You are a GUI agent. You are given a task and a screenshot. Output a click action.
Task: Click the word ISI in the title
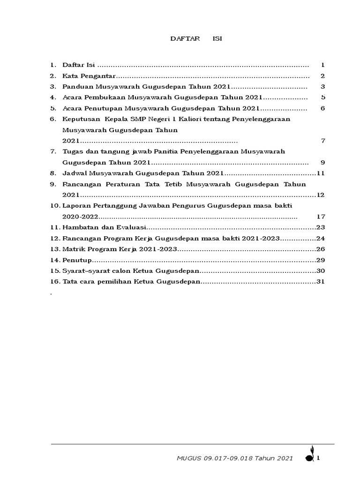[217, 39]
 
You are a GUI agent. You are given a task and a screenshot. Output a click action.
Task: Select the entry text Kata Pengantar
[89, 76]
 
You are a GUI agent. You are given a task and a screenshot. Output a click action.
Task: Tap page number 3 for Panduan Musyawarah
[323, 87]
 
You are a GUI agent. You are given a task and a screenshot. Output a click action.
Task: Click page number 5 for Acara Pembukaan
[323, 97]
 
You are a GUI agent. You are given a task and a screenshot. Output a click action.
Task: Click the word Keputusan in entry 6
[81, 119]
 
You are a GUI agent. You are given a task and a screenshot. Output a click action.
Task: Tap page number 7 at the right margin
[323, 141]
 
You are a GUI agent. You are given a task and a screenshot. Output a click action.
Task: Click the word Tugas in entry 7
[72, 151]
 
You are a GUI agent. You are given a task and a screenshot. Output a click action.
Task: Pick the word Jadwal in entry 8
[74, 173]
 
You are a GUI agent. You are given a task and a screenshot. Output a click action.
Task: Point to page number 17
[321, 217]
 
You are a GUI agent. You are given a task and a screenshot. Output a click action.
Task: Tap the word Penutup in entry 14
[76, 260]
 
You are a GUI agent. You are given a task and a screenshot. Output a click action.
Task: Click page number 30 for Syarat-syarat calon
[321, 270]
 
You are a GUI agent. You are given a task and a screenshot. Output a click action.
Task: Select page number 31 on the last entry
[321, 281]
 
